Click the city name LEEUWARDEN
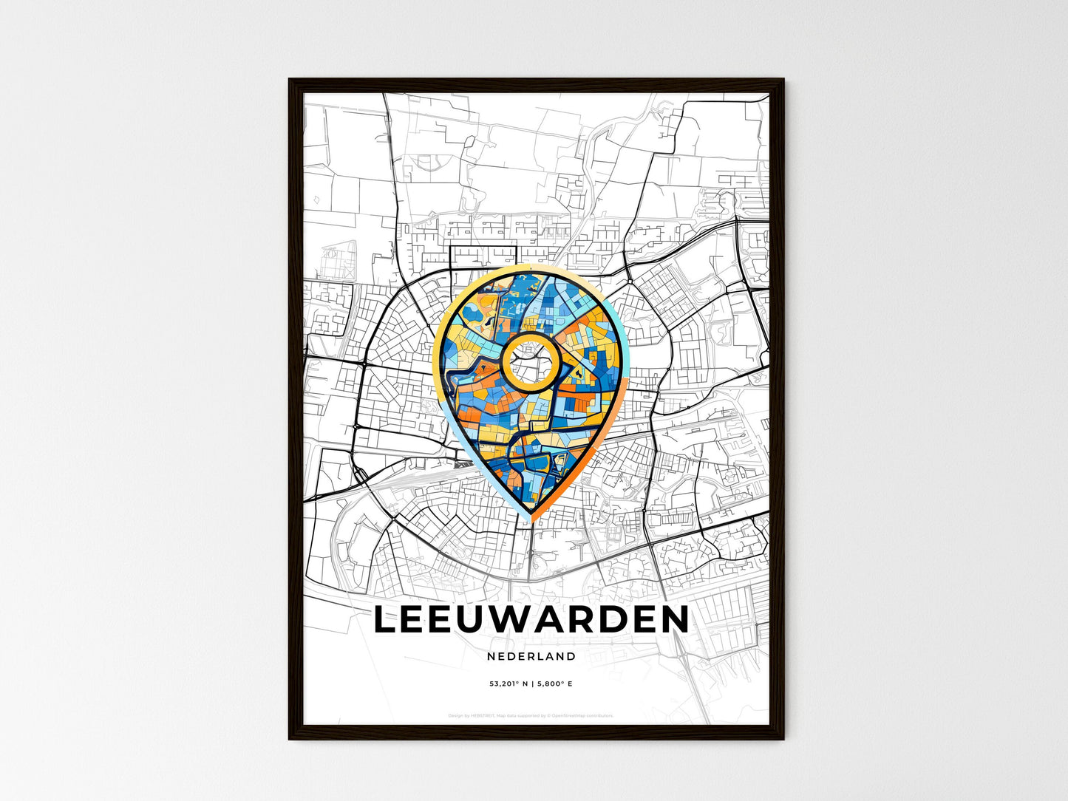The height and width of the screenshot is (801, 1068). click(531, 620)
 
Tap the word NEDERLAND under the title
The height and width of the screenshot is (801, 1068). click(531, 656)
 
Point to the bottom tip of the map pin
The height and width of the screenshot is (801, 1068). click(530, 519)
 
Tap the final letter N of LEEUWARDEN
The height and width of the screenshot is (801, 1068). click(673, 620)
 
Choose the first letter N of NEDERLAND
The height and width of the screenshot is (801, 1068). click(492, 656)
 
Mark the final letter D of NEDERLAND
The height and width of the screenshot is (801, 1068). click(571, 656)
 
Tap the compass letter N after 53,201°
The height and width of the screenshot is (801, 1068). click(526, 684)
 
